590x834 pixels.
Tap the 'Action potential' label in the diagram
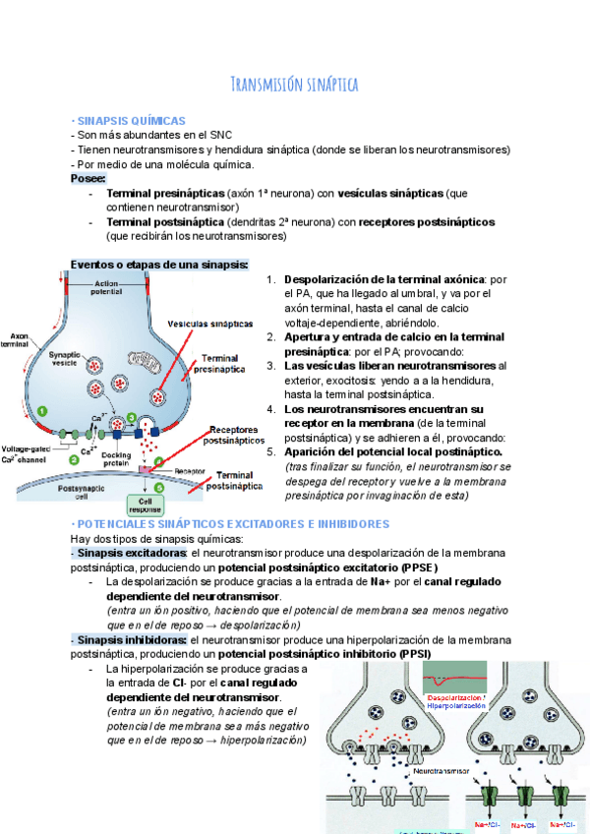[x=106, y=287]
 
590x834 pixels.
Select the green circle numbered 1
[x=42, y=409]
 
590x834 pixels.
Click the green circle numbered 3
[x=131, y=417]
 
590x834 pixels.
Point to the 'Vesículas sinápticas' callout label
[x=209, y=323]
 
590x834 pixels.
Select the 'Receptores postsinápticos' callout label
[x=235, y=435]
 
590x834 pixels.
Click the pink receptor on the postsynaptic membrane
[x=147, y=471]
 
